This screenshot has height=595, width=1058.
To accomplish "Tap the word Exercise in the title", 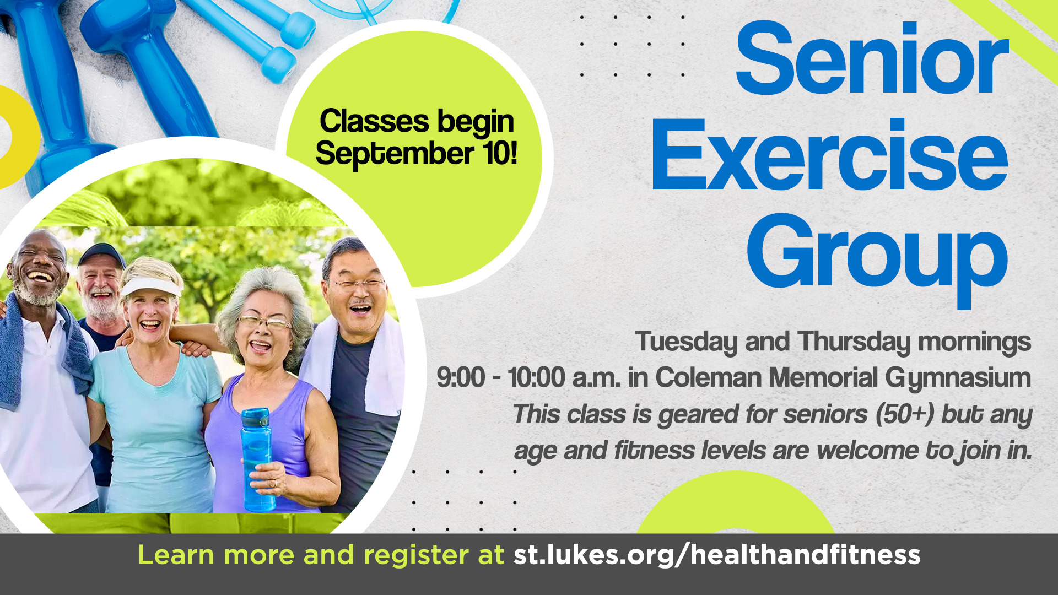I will click(x=829, y=156).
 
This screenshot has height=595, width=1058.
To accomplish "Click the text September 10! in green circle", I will click(x=416, y=154).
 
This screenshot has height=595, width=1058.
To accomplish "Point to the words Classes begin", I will click(x=416, y=121).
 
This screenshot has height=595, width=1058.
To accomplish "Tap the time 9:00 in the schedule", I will click(x=461, y=378).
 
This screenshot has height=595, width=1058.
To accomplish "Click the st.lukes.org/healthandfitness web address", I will click(x=716, y=555).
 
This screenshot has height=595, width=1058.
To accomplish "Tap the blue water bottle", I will click(x=257, y=457).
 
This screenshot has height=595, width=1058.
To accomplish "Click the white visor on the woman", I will click(x=150, y=286).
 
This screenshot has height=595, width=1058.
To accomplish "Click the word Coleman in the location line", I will click(x=709, y=378).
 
